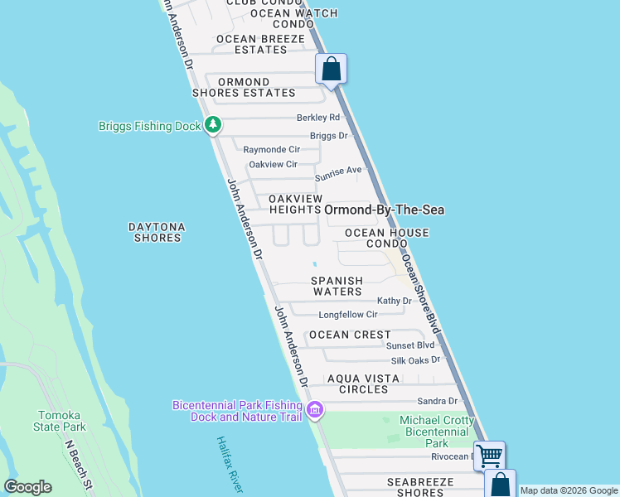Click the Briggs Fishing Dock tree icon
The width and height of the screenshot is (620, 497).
point(214,125)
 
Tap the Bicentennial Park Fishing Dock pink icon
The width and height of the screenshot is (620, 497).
point(315,410)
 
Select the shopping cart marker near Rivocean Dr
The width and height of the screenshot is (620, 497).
point(490,454)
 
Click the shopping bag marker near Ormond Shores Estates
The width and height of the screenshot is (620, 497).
point(332,69)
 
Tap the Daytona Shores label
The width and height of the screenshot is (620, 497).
point(157,232)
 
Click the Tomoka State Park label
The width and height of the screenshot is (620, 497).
point(62,421)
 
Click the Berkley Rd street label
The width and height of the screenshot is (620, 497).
point(318,118)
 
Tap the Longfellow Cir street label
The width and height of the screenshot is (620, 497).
point(348,315)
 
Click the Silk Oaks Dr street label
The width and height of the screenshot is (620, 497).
point(415,360)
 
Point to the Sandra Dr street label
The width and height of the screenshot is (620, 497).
point(438,401)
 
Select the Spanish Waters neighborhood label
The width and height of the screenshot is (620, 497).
point(337,286)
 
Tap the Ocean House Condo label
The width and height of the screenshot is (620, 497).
point(387,239)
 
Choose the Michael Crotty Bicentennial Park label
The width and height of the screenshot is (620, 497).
point(435,432)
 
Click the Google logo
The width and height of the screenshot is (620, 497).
point(28,487)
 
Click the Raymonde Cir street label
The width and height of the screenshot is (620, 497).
point(271,150)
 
